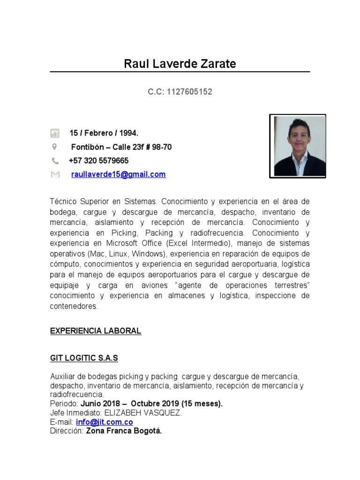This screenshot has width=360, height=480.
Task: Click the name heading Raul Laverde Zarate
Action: tap(180, 64)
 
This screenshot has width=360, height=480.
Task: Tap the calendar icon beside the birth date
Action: tap(55, 133)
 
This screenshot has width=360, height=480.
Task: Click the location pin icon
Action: tap(54, 147)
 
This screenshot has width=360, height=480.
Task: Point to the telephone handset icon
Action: tap(55, 161)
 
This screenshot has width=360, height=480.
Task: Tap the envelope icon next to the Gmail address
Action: tap(55, 174)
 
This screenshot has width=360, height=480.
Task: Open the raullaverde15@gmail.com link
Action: tap(118, 174)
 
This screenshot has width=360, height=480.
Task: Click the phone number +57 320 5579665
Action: tap(98, 161)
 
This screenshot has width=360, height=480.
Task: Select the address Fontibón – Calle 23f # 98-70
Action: tap(121, 147)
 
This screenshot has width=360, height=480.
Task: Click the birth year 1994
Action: tap(129, 133)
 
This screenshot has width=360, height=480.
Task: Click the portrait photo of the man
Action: tap(298, 146)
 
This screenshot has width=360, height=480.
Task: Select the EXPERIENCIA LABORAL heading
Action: tap(96, 331)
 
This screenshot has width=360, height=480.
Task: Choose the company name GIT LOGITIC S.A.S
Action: tap(84, 358)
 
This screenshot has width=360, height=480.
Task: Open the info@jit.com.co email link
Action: tap(104, 422)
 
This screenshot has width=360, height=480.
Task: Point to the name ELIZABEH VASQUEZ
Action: tap(142, 413)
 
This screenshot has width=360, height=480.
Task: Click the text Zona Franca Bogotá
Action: tap(124, 431)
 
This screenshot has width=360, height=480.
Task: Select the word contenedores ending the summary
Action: tap(74, 307)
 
